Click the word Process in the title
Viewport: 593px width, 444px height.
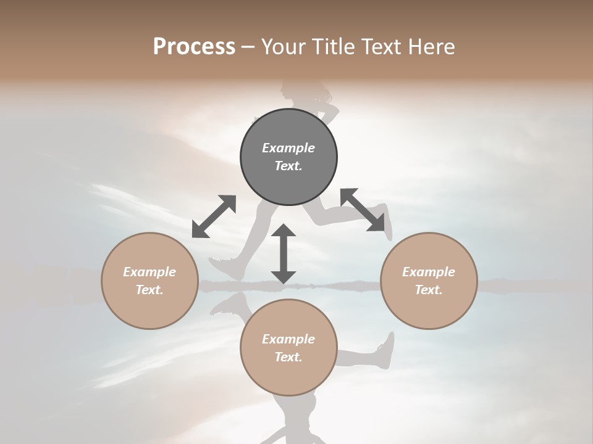coord(194,47)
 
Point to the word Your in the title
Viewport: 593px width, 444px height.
coord(282,47)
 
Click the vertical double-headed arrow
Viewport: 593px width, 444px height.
coord(284,253)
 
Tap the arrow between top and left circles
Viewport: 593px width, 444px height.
coord(214,216)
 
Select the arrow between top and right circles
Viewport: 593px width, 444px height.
coord(363,210)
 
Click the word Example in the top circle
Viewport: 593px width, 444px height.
coord(288,148)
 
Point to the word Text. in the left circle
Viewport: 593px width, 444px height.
coord(149,290)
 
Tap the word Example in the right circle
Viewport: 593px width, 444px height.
coord(429,272)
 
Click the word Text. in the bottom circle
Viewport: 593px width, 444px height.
coord(288,357)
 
